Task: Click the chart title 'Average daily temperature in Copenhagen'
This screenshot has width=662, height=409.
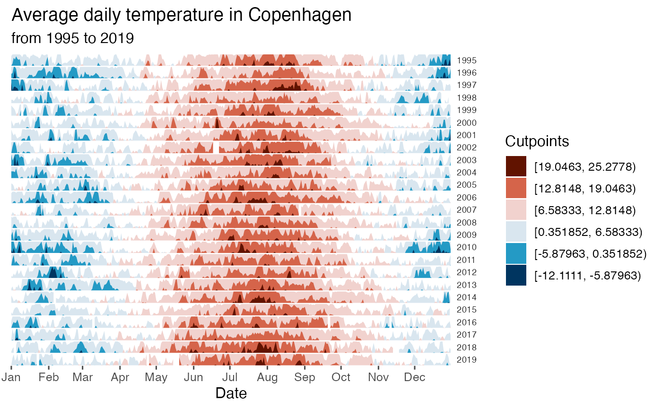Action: (181, 15)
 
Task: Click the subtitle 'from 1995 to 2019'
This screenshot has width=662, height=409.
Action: (72, 38)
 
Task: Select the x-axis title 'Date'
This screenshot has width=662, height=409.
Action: (231, 393)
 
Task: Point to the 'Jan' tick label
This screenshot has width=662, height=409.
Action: (11, 377)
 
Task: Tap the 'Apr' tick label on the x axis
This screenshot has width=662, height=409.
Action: (120, 377)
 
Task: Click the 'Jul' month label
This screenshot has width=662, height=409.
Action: (230, 377)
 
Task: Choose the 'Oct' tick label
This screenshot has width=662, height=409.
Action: (341, 377)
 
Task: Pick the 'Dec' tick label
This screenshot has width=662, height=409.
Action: (415, 377)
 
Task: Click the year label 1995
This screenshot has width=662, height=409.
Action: (466, 61)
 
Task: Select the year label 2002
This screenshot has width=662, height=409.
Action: (466, 148)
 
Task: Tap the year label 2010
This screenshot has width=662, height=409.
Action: (466, 247)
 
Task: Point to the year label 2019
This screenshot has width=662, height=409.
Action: (466, 360)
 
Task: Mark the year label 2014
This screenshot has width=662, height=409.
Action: (466, 297)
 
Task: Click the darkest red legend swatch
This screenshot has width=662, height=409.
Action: (516, 166)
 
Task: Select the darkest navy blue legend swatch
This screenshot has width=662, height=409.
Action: (516, 275)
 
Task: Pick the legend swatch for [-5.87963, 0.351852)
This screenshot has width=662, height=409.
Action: (516, 253)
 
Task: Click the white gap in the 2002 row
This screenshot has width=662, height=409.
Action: (216, 147)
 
